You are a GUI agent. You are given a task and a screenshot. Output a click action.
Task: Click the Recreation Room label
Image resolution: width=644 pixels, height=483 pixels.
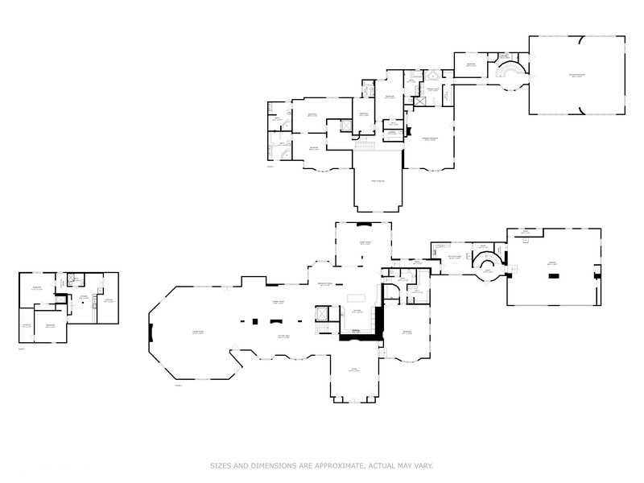[x=576, y=76]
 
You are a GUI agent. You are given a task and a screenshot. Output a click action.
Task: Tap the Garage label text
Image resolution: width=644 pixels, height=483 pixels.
[x=552, y=264]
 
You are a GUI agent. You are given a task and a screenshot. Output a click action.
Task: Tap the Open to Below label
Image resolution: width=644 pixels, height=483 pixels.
[x=377, y=182]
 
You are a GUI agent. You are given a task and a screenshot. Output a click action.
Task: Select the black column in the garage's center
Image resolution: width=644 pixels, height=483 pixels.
[x=554, y=275]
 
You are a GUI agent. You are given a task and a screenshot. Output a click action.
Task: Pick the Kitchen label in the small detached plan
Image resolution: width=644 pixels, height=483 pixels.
[x=82, y=297]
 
